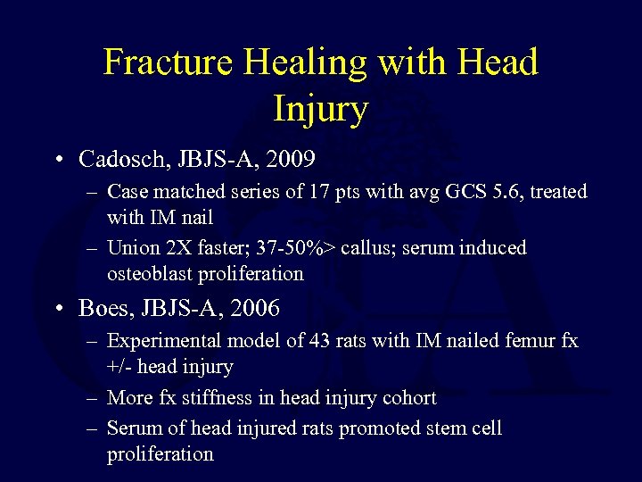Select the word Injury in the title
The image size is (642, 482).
321,110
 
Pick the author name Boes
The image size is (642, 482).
102,309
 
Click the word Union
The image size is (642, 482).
133,248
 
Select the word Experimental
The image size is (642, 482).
164,341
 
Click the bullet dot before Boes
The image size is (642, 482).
59,310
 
